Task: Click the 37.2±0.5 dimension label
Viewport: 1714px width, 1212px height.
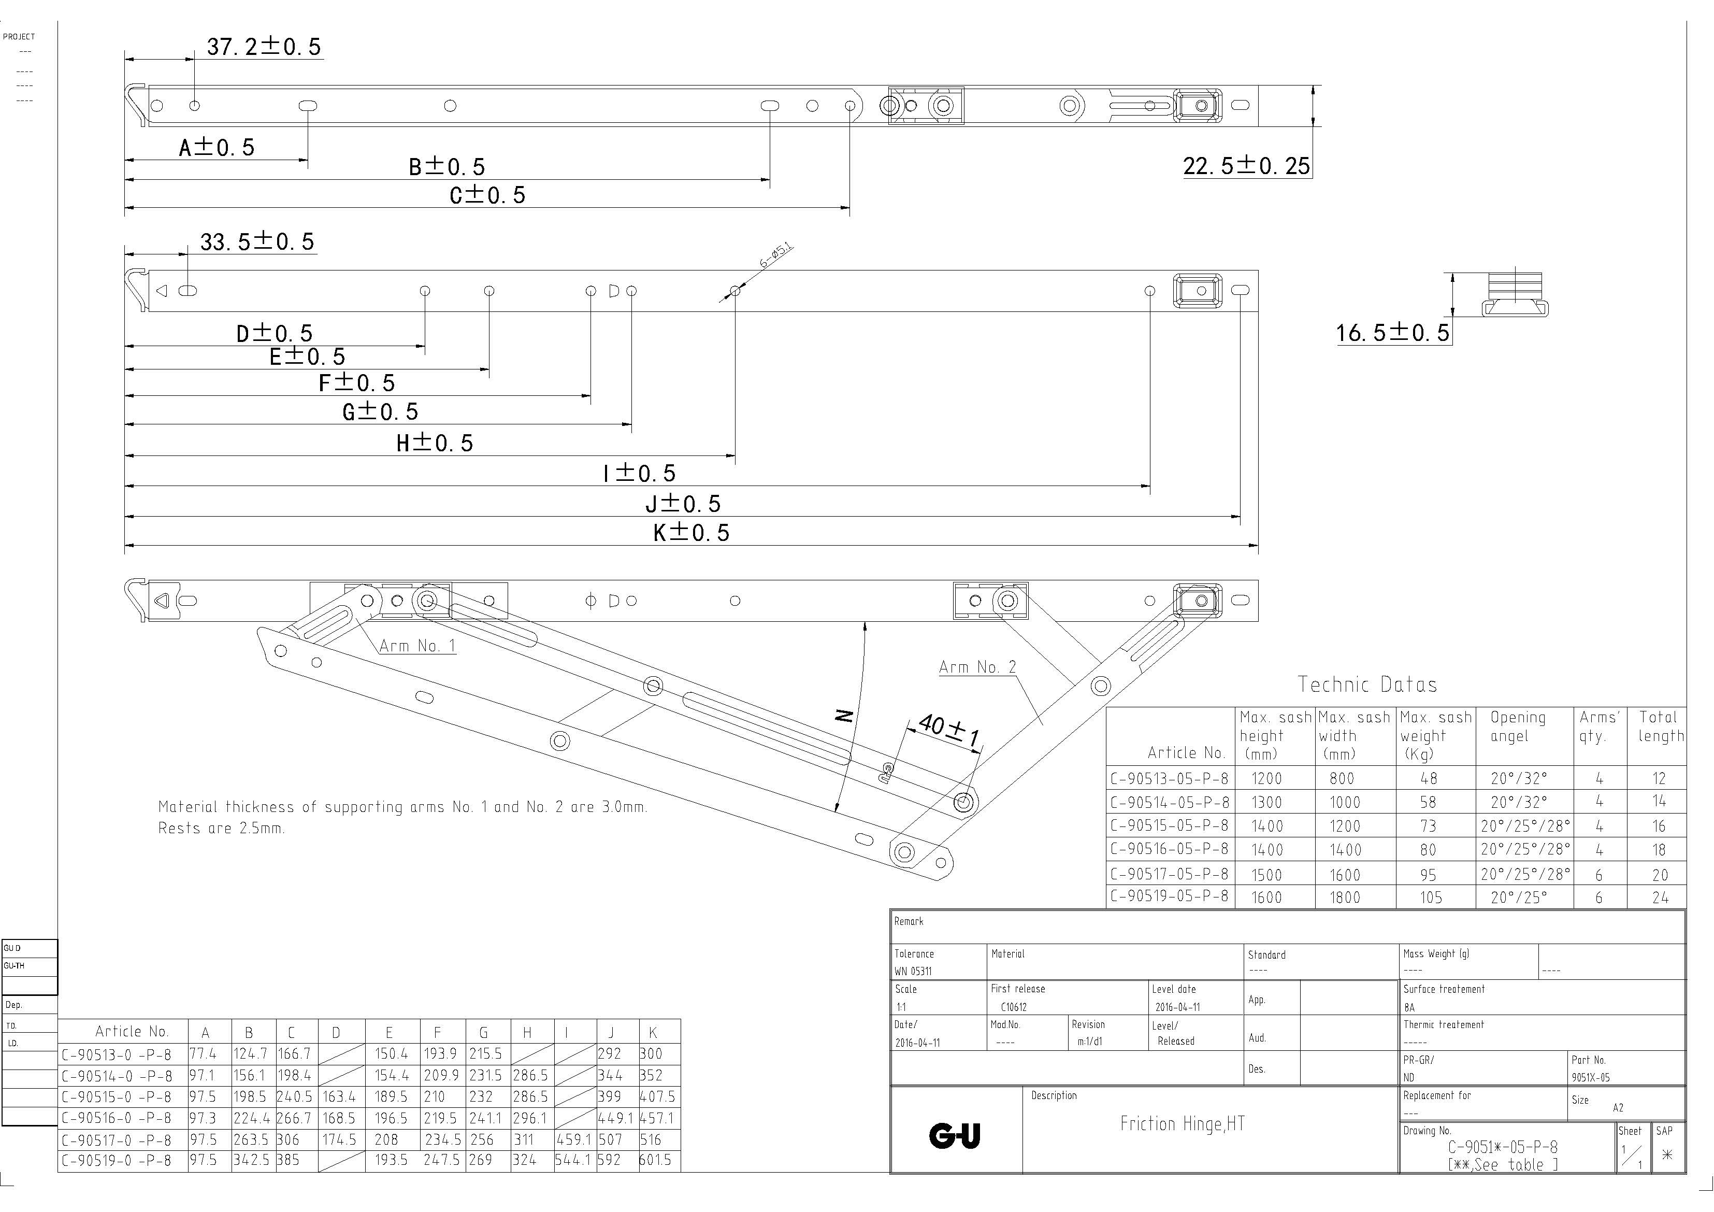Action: pyautogui.click(x=264, y=47)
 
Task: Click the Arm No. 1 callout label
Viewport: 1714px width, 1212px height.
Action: pyautogui.click(x=416, y=646)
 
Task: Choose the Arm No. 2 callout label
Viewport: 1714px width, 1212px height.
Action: pyautogui.click(x=977, y=667)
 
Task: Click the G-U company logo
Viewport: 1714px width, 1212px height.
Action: pyautogui.click(x=954, y=1136)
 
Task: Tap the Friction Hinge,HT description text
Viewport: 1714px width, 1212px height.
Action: pyautogui.click(x=1182, y=1124)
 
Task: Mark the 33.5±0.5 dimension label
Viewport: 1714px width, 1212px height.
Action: pyautogui.click(x=257, y=242)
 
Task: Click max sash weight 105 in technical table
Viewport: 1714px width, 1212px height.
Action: pyautogui.click(x=1430, y=897)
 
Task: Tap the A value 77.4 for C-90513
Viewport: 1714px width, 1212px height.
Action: pyautogui.click(x=203, y=1053)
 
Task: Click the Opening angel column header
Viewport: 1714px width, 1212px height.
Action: pyautogui.click(x=1518, y=726)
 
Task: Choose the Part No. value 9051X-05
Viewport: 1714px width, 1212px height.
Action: pyautogui.click(x=1591, y=1078)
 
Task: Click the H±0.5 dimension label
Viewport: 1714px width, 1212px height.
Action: pyautogui.click(x=435, y=444)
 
